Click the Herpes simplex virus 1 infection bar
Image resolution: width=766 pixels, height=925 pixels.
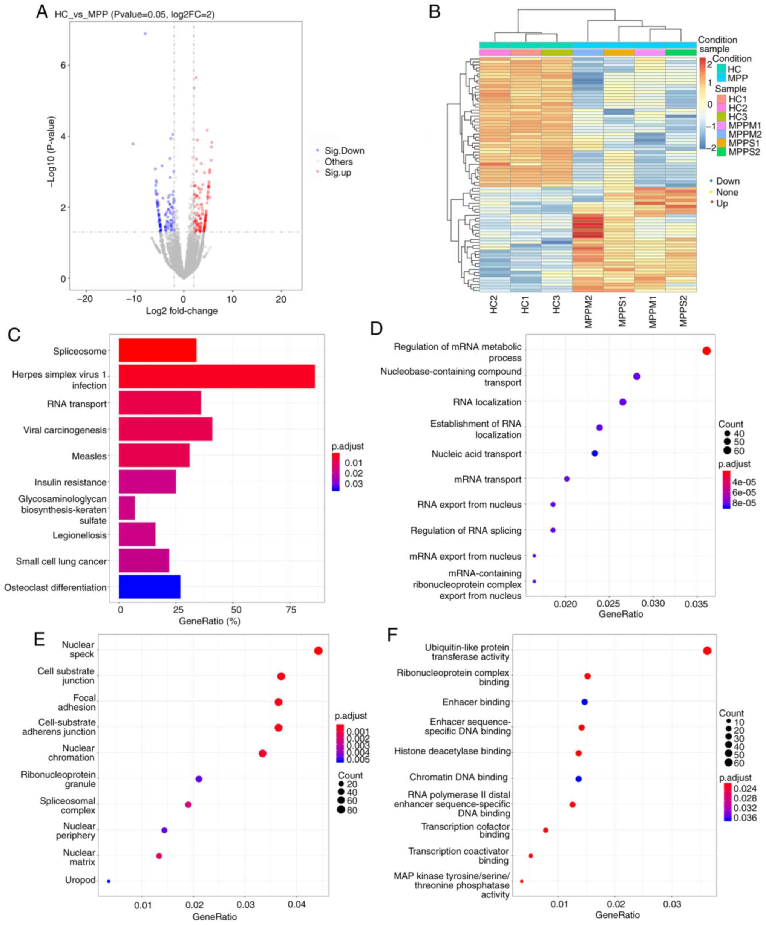point(216,376)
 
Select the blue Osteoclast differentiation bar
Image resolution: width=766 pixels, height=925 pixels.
point(149,586)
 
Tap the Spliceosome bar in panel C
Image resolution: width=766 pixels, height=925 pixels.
point(157,350)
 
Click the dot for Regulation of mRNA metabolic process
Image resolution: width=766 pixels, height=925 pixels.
point(706,351)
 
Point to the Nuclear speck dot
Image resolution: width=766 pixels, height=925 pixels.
point(318,651)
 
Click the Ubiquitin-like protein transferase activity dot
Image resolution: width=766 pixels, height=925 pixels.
point(707,651)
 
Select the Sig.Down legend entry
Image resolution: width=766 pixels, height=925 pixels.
point(344,151)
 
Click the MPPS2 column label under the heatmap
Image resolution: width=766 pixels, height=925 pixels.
point(683,311)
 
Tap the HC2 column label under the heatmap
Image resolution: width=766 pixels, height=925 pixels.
point(493,304)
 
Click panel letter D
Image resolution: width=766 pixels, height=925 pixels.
point(376,328)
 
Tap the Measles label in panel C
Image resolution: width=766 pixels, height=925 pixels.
point(89,456)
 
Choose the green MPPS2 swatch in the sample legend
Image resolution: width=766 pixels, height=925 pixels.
point(721,152)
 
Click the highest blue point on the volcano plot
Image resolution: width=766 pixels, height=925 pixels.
point(145,34)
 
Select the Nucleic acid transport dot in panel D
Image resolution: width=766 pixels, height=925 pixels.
point(594,453)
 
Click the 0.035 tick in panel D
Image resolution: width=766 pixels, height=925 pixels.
point(696,604)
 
